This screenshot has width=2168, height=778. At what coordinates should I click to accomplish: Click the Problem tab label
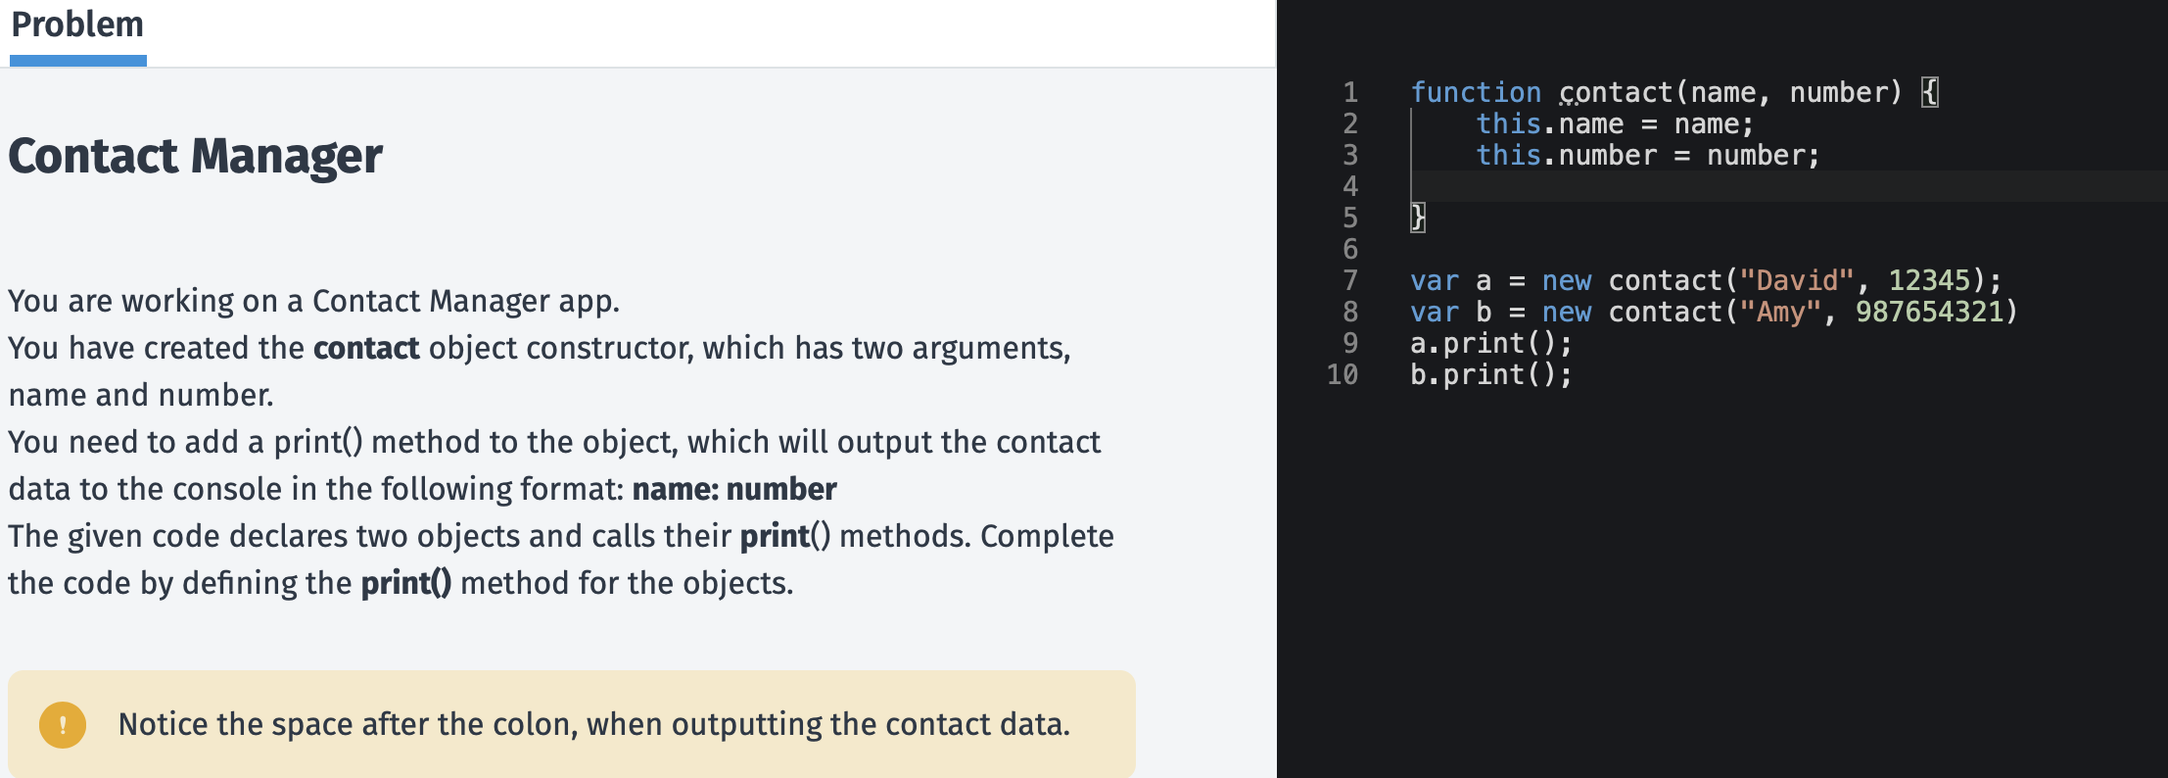pos(77,24)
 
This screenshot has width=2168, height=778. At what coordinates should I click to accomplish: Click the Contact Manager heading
pos(195,156)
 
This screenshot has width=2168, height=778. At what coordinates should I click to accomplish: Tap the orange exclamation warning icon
pos(63,725)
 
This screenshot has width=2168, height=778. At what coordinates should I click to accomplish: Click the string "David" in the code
pos(1796,281)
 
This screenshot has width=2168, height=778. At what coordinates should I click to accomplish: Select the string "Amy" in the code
pos(1779,313)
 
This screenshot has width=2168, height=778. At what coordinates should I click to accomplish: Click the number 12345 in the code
pos(1928,281)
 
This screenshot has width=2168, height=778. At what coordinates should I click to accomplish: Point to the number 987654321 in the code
pos(1928,313)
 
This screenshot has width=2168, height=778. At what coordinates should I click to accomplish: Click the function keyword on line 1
pos(1475,93)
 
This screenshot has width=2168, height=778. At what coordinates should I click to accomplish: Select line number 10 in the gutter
pos(1343,375)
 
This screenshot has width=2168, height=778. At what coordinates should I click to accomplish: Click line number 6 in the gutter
pos(1350,250)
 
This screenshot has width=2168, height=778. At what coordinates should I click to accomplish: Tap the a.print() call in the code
pos(1490,344)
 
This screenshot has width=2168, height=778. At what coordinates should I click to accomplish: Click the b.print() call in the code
pos(1490,375)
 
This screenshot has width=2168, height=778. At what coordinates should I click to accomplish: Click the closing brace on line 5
pos(1418,218)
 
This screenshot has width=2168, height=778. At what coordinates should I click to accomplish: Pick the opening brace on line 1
pos(1929,93)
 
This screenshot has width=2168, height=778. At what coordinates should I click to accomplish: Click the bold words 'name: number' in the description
pos(734,489)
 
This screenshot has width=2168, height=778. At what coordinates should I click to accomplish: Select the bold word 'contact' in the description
pos(366,348)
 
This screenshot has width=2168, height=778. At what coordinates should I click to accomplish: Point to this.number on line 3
pos(1566,156)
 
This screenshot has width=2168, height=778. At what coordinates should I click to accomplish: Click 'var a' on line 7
pos(1450,281)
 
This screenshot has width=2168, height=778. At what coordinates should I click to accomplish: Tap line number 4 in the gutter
pos(1350,187)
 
